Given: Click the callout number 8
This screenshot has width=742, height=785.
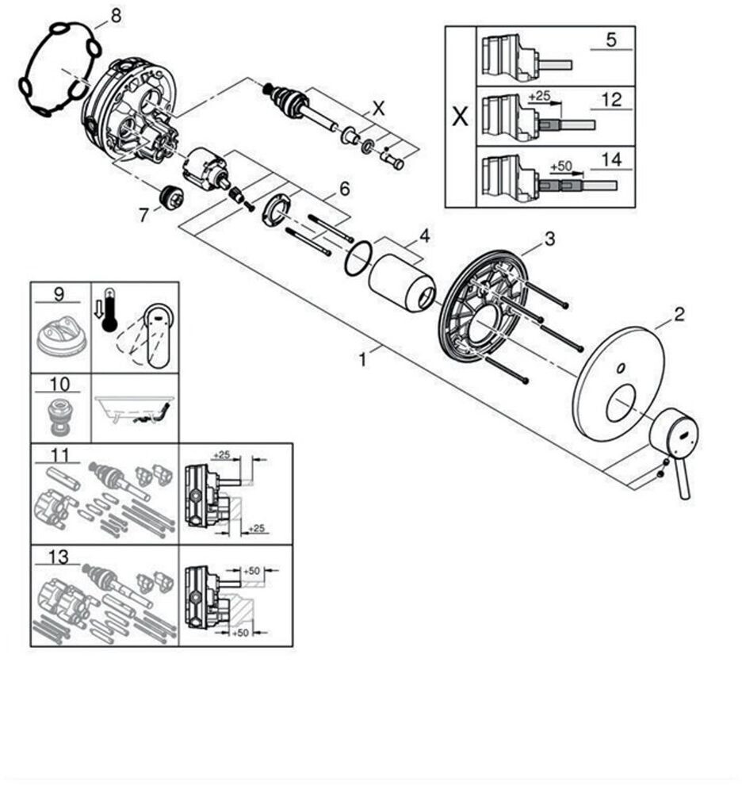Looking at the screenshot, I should (x=116, y=15).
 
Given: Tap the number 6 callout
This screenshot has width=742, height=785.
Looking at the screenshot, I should (x=344, y=189).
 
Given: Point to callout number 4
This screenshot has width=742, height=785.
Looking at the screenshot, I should (x=425, y=236).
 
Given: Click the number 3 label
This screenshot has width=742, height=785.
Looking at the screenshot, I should (x=549, y=238).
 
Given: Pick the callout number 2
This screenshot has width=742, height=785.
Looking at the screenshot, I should (x=679, y=315).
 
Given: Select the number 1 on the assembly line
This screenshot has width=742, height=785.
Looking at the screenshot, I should (x=362, y=359).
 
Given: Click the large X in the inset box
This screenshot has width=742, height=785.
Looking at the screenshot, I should (x=459, y=117).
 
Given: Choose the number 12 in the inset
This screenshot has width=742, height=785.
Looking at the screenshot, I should (x=610, y=100).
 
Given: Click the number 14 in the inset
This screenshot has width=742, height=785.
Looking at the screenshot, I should (x=610, y=159).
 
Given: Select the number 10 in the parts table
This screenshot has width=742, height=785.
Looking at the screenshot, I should (x=59, y=385).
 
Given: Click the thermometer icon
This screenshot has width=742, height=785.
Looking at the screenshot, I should (x=109, y=309).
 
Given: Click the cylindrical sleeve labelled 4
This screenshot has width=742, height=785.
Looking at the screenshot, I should (x=402, y=282).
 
